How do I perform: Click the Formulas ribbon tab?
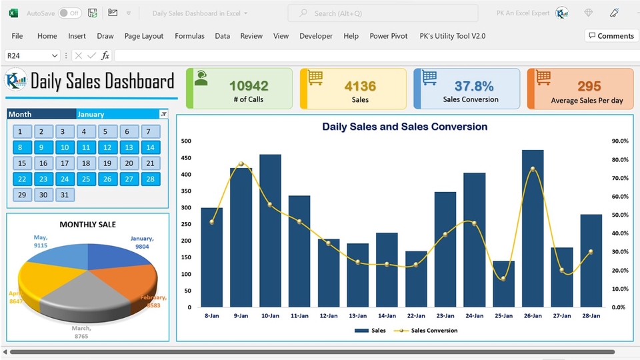189,36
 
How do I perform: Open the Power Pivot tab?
389,36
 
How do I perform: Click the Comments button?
611,36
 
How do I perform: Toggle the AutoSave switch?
69,13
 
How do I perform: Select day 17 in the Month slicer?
65,163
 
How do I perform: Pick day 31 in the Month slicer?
65,195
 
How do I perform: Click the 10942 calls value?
249,85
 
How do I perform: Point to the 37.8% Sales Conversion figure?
474,85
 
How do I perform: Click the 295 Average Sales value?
589,85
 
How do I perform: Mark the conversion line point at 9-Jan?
241,164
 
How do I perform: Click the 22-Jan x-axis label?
416,315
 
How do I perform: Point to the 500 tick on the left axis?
186,141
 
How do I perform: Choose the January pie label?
141,242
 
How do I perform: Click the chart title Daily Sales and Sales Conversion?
405,127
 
